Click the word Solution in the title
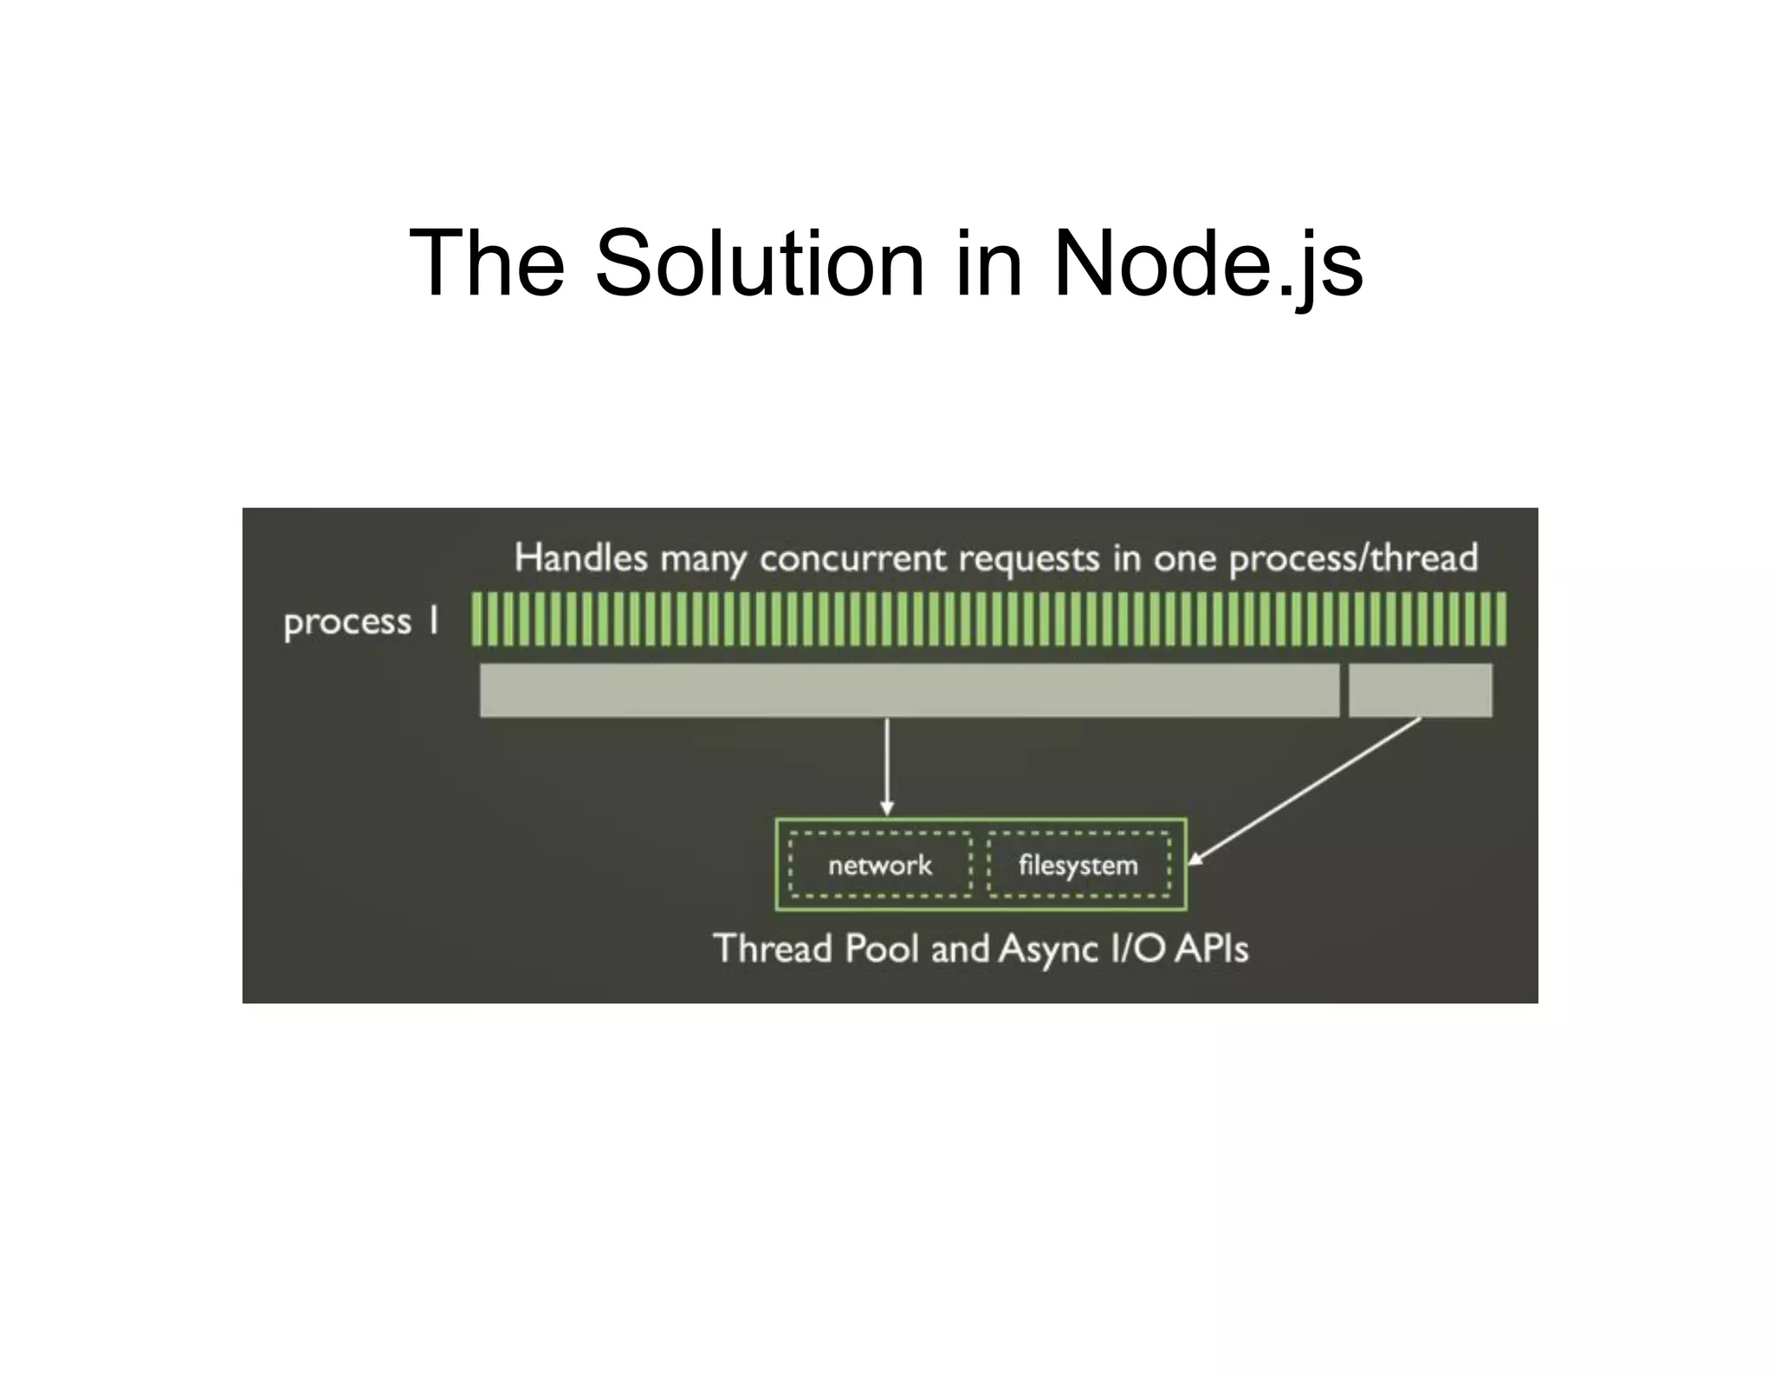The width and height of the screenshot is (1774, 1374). click(x=760, y=262)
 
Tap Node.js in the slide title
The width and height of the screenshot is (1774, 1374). click(x=1207, y=262)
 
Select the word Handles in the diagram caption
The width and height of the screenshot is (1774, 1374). click(x=580, y=558)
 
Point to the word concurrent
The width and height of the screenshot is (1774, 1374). click(x=853, y=559)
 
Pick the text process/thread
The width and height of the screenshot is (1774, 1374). click(x=1353, y=559)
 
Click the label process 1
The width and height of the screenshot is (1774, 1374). click(x=360, y=622)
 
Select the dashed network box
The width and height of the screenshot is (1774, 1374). click(x=880, y=865)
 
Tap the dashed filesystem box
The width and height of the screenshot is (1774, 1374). click(x=1078, y=865)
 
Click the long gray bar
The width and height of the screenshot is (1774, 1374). click(x=910, y=690)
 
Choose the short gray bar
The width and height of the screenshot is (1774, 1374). click(x=1420, y=690)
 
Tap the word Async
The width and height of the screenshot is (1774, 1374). click(x=1047, y=949)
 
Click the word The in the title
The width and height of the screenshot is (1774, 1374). click(x=486, y=262)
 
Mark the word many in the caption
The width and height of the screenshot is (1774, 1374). click(x=702, y=560)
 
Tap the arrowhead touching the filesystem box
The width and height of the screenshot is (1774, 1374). click(x=1195, y=859)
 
